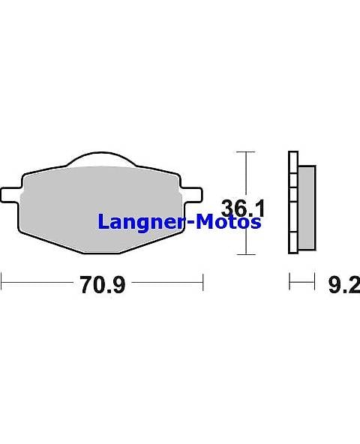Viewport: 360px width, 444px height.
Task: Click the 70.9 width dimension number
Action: click(x=102, y=285)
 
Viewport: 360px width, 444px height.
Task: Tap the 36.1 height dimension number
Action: click(x=242, y=208)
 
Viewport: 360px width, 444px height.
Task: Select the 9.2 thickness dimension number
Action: click(x=344, y=285)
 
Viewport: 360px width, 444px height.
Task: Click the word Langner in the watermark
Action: click(x=141, y=223)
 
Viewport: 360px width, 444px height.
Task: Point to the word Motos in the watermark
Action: click(x=228, y=221)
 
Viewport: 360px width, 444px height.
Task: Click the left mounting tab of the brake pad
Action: click(x=10, y=195)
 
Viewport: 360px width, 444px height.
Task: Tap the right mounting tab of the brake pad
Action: click(x=193, y=195)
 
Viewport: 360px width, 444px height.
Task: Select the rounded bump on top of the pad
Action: click(x=101, y=159)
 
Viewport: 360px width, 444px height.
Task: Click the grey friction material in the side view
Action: click(x=307, y=208)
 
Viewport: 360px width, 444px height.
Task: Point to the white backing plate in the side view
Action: click(x=293, y=202)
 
